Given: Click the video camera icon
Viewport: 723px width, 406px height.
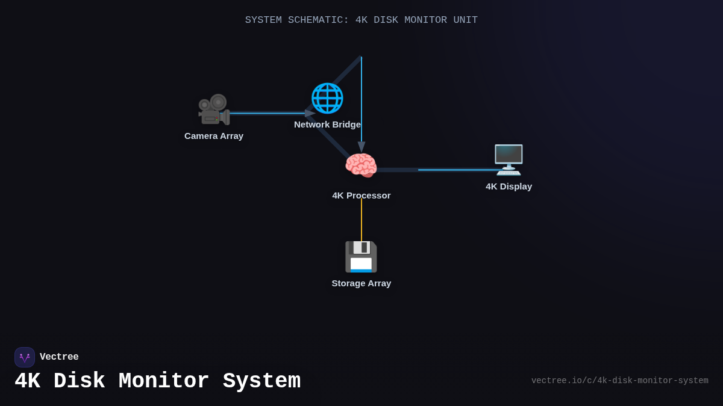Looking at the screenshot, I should click(x=214, y=109).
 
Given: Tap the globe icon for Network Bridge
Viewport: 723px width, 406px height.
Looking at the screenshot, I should click(x=327, y=98).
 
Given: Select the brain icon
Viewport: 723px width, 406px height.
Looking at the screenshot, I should click(x=361, y=165).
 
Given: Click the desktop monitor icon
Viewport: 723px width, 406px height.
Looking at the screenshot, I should click(x=509, y=159).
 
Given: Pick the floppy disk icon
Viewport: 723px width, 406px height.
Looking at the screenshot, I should click(x=361, y=257).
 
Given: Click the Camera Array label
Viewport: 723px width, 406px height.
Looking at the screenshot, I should click(x=214, y=136).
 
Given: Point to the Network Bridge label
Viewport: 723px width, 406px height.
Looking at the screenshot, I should click(x=327, y=125).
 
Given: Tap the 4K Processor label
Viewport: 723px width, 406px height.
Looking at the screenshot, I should click(x=361, y=195).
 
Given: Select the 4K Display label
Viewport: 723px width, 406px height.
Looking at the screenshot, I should click(x=509, y=186).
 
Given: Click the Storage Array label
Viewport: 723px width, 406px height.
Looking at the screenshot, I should click(x=361, y=283).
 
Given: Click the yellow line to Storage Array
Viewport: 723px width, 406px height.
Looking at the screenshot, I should click(x=361, y=220).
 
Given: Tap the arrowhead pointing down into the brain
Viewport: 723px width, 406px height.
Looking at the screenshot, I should click(x=361, y=147).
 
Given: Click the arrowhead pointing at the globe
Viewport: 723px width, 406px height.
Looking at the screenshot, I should click(x=310, y=113).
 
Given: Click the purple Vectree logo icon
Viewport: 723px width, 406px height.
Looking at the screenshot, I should click(x=25, y=357).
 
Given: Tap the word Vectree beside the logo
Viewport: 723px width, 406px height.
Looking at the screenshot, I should click(x=59, y=357).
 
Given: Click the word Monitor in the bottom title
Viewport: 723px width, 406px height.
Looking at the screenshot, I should click(x=164, y=381).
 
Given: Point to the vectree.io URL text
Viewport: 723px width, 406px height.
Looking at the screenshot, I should click(x=619, y=381).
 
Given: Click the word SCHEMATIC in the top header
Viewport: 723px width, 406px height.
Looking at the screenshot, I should click(x=315, y=20).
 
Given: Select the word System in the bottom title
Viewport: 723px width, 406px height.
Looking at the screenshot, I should click(x=261, y=381).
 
